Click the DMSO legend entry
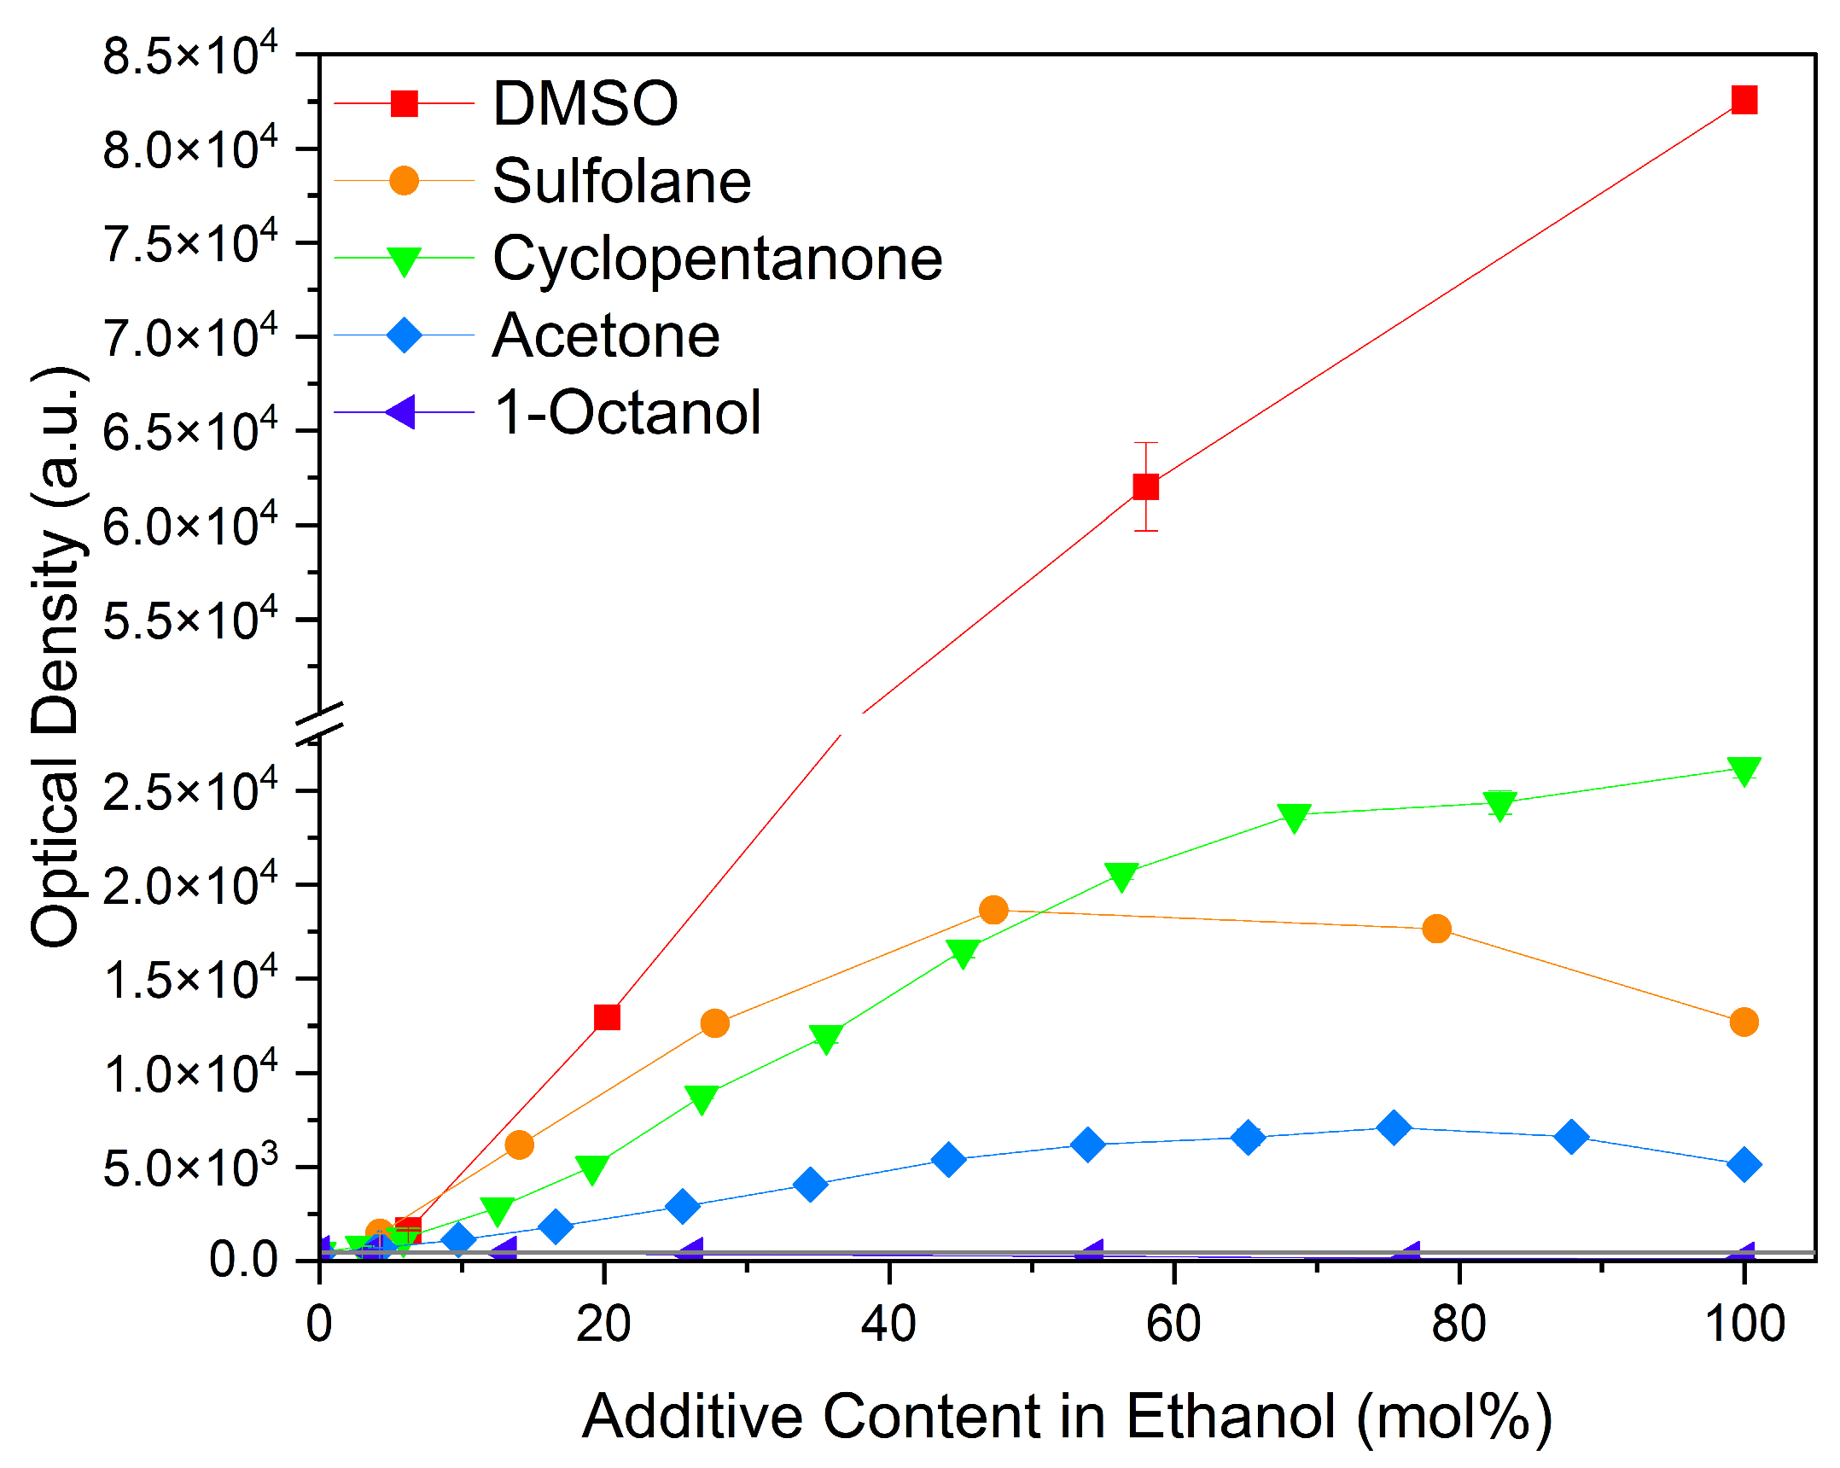tap(585, 104)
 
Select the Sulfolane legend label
tap(621, 181)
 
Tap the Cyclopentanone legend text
tap(717, 258)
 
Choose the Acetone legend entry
tap(605, 335)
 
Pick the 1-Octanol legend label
tap(627, 412)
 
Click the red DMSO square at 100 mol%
tap(1744, 100)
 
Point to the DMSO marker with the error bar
tap(1145, 486)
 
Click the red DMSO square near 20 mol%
tap(606, 1017)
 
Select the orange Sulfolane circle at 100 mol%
tap(1744, 1022)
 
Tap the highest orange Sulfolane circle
tap(993, 910)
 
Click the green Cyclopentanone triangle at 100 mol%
tap(1744, 770)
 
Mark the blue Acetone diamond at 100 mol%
tap(1744, 1165)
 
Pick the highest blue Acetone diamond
tap(1394, 1128)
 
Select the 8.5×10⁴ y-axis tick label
tap(189, 55)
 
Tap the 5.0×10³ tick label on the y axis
tap(189, 1168)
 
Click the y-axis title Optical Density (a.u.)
tap(56, 657)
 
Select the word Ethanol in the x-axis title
tap(1230, 1417)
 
